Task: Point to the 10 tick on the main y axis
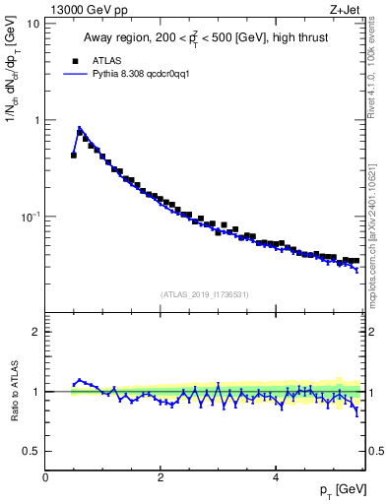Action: click(32, 23)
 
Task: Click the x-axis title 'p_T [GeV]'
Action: click(341, 490)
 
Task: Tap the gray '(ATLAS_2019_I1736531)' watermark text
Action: click(205, 294)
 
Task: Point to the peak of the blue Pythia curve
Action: click(79, 128)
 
